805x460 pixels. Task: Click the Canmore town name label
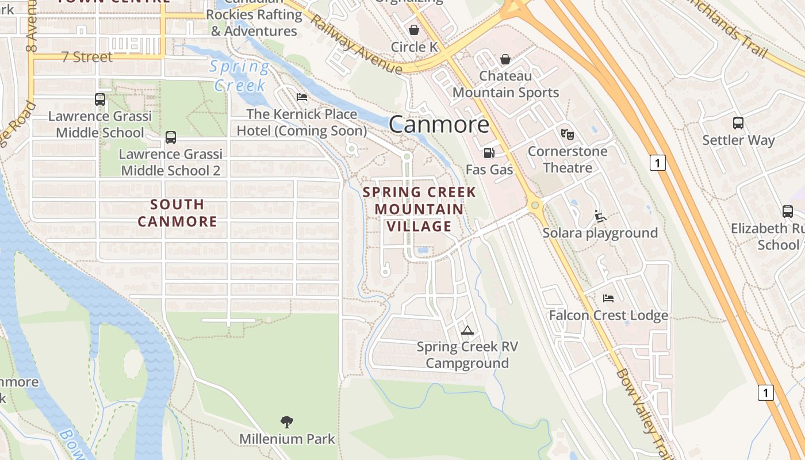(x=439, y=124)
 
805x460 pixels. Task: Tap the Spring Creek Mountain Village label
(x=419, y=209)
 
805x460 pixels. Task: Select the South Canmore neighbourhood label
(x=178, y=213)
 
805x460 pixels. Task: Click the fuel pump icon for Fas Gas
(x=489, y=153)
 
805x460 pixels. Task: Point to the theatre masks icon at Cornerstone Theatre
(x=568, y=135)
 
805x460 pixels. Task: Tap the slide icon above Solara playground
(x=600, y=216)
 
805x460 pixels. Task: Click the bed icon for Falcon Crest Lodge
(x=608, y=298)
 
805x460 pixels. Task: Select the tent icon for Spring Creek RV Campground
(x=467, y=330)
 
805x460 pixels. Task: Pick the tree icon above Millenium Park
(x=287, y=422)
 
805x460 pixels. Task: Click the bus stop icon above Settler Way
(x=738, y=123)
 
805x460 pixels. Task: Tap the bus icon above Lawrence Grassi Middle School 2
(x=171, y=137)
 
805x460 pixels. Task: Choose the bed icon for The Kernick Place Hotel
(x=302, y=97)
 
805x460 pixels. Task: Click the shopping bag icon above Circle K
(x=414, y=30)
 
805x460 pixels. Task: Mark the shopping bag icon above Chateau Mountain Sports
(x=505, y=59)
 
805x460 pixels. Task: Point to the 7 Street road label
(x=87, y=57)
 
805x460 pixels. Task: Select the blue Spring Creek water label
(x=239, y=76)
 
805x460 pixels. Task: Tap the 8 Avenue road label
(x=32, y=29)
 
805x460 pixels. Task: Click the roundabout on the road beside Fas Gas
(x=535, y=205)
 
